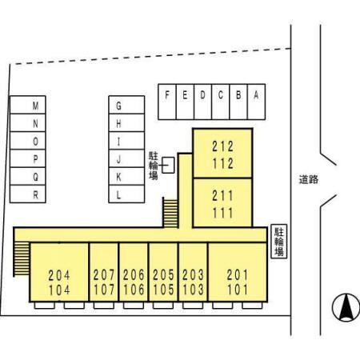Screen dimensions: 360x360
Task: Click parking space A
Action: [x=256, y=102]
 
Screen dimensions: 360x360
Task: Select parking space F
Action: [x=167, y=102]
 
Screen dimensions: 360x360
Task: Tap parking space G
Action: [x=126, y=105]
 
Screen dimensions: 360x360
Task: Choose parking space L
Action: [x=126, y=194]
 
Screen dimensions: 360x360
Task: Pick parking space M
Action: [x=28, y=105]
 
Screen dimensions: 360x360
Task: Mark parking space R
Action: [x=28, y=194]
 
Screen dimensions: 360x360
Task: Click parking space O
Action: [x=28, y=141]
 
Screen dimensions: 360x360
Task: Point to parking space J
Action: [x=126, y=158]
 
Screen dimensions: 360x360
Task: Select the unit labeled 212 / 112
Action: [x=222, y=154]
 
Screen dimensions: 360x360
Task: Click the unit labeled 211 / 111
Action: [x=222, y=202]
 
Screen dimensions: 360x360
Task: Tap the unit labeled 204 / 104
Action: [x=59, y=272]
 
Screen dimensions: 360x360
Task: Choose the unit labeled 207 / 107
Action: [x=104, y=272]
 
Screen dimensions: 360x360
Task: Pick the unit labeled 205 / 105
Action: [x=163, y=272]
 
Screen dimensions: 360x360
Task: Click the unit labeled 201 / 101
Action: [x=238, y=272]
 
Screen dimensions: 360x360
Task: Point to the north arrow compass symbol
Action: [x=346, y=307]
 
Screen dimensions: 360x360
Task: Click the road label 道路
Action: [x=309, y=179]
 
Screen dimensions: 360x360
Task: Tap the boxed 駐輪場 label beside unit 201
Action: [x=279, y=242]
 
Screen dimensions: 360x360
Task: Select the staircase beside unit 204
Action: [x=22, y=258]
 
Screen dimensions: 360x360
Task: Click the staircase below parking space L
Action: [x=170, y=213]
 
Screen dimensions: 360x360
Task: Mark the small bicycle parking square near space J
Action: [x=168, y=165]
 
